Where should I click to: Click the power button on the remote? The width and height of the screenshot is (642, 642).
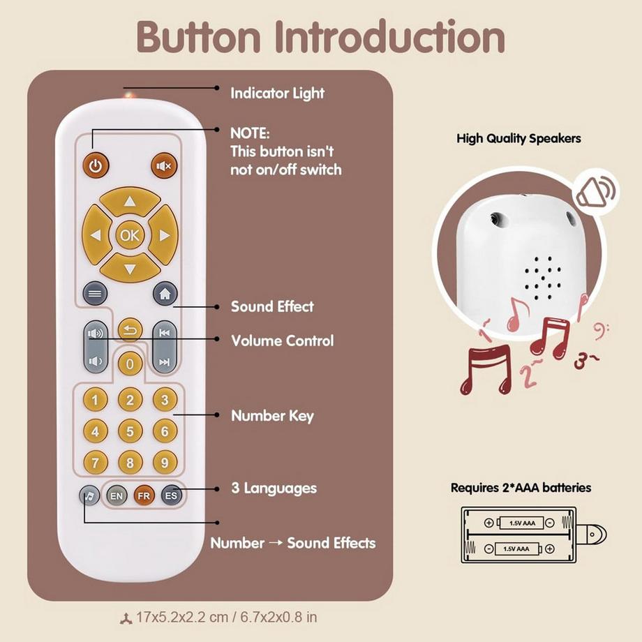96,166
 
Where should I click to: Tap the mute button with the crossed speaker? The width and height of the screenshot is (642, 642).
164,166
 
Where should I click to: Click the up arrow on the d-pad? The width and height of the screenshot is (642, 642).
130,201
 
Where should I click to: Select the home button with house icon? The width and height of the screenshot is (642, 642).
165,294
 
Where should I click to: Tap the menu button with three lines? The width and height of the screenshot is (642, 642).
95,294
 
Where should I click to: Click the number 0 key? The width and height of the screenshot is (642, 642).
130,364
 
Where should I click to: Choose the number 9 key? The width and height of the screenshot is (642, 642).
165,463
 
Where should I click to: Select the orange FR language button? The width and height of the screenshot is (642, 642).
144,496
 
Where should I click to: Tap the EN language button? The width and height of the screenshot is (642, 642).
117,496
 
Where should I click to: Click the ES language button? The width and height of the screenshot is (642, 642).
171,495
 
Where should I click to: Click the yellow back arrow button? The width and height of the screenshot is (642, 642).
130,330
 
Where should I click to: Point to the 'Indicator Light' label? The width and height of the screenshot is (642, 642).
278,94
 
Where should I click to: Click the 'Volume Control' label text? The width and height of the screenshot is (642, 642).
283,341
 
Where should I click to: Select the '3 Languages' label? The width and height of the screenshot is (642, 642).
274,488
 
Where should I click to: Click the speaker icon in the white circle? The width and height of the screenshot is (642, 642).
596,193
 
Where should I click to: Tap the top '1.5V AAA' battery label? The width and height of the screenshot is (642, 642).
522,523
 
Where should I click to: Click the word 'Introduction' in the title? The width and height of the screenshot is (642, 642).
390,37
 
